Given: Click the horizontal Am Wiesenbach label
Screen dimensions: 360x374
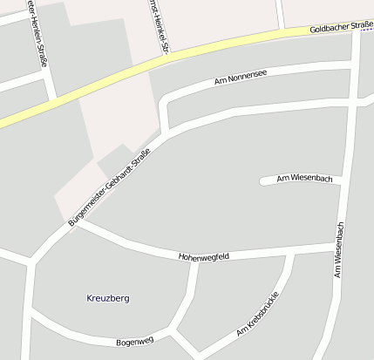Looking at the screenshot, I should pos(304,179).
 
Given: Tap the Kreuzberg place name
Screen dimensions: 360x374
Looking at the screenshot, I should pos(108,298).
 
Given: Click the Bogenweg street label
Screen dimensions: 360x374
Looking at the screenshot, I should pos(134,341).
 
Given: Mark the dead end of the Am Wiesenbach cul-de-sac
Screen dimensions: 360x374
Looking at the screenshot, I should pos(262,181).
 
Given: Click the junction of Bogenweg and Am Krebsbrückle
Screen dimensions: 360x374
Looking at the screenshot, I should pos(177,332).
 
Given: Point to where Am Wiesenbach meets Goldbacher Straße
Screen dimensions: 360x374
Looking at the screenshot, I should pos(357,29).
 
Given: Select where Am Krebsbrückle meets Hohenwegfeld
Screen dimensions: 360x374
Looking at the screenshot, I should pos(289,254).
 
